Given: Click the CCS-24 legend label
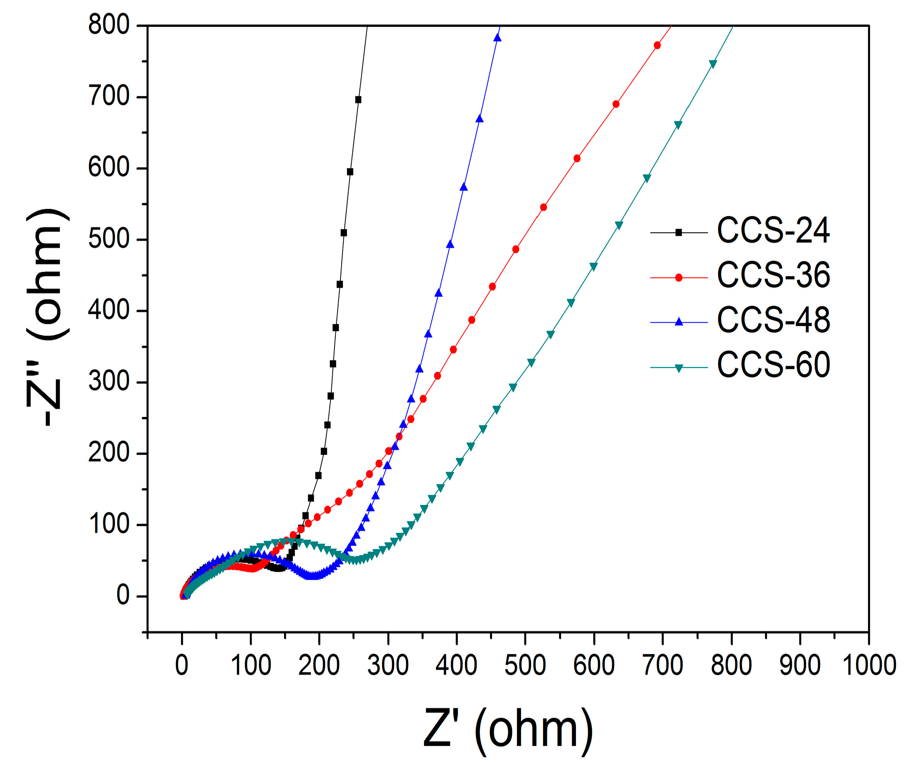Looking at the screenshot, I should [773, 230].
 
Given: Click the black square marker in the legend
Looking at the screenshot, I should [678, 233].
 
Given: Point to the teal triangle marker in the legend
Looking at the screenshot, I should [678, 368].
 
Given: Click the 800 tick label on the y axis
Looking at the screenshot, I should [109, 25].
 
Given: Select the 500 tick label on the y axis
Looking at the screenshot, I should [109, 239].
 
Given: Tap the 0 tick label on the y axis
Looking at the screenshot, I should [123, 595].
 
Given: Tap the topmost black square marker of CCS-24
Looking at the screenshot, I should [358, 100].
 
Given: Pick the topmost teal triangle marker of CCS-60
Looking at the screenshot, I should [713, 64].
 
